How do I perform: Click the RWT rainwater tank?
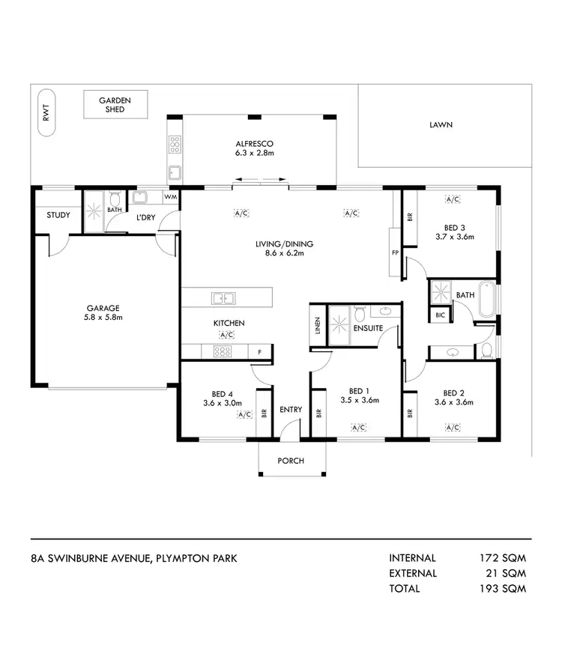click(46, 115)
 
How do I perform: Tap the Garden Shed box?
click(115, 104)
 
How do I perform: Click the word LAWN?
click(441, 125)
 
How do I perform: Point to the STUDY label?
click(58, 215)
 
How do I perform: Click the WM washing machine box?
click(169, 198)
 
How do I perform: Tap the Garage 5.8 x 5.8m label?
click(103, 312)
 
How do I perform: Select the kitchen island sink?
click(222, 299)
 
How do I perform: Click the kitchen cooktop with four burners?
click(222, 351)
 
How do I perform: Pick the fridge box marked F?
click(259, 351)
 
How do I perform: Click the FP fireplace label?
click(394, 252)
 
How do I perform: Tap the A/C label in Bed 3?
click(452, 200)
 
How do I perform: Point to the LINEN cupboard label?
click(318, 327)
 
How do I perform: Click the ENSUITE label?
click(369, 328)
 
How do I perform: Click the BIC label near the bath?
click(440, 315)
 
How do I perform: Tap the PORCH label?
click(291, 461)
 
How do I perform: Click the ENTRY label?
click(290, 410)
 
